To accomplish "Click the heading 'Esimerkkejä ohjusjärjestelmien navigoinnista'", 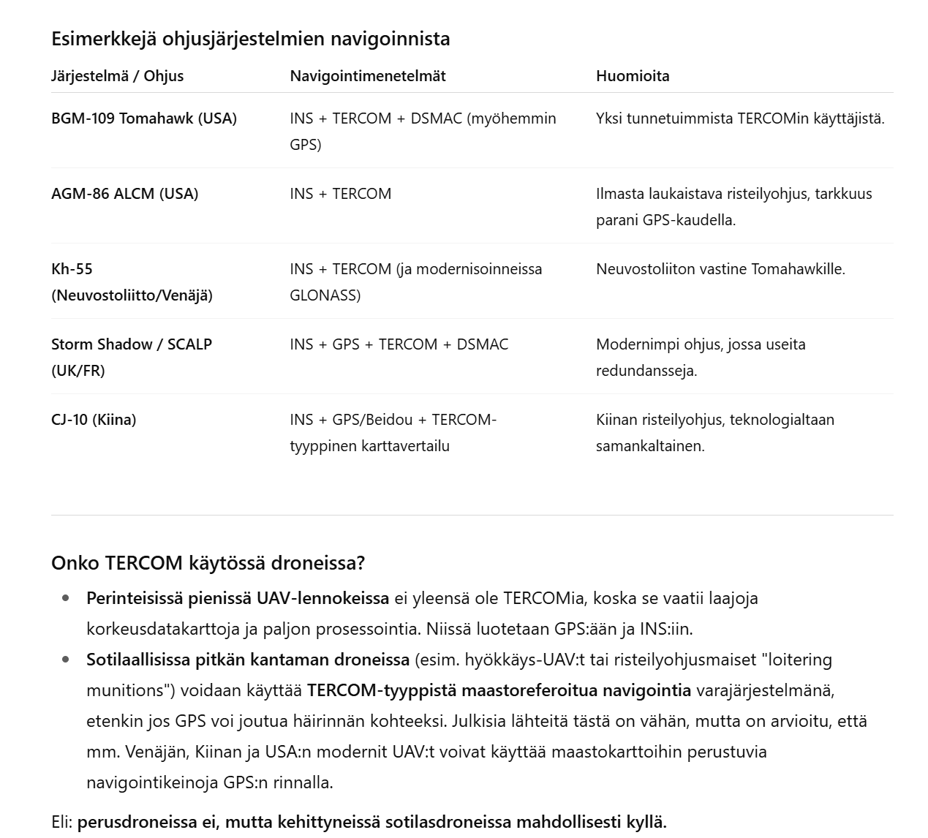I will point(250,39).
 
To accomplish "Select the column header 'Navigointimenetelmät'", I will point(367,76).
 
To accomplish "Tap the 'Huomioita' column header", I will point(632,76).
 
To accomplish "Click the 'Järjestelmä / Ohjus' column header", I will point(117,76).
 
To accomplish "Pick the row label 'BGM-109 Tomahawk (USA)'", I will point(143,118).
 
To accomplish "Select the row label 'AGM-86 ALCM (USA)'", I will point(124,194).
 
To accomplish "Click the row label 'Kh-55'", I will point(72,269).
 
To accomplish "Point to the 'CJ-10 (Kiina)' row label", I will point(94,420).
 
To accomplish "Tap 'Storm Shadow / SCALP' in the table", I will point(132,344).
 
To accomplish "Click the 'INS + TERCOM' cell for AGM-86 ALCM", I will point(340,194).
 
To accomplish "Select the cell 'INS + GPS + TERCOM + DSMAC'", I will point(399,344).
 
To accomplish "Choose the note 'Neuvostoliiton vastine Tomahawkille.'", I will point(720,269).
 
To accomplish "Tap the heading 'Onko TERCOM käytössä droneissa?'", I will point(208,563).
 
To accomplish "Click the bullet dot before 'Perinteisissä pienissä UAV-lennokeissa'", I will point(67,598).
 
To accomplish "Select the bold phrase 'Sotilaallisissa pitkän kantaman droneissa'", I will point(247,660).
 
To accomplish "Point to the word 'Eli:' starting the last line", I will point(62,822).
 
